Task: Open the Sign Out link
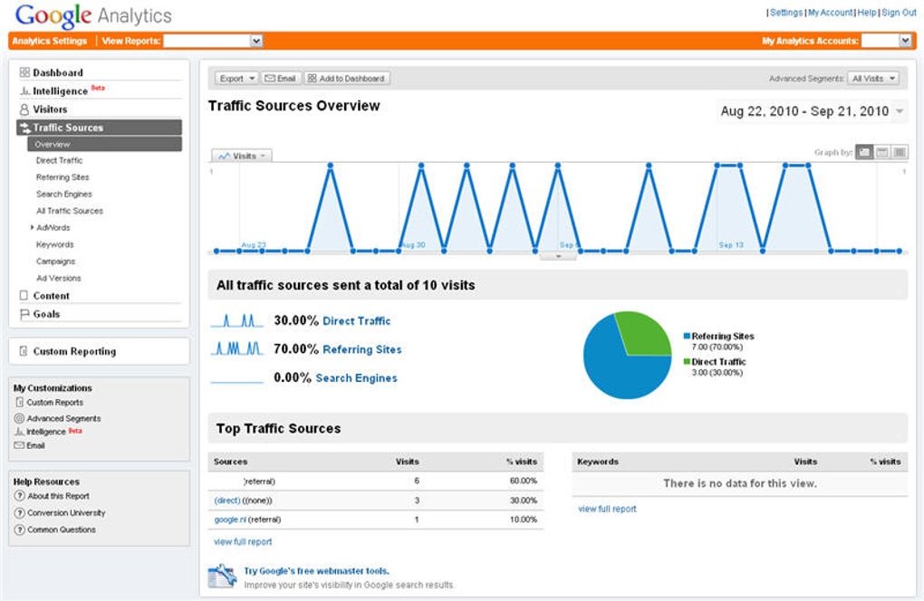coord(899,13)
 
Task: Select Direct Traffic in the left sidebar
coord(59,161)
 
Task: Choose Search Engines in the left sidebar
coord(63,195)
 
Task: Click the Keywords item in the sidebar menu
coord(54,244)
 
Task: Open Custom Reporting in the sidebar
coord(74,351)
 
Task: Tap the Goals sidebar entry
coord(46,314)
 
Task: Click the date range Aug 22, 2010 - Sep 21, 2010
coord(804,111)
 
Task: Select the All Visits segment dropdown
coord(873,79)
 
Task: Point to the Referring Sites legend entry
coord(722,336)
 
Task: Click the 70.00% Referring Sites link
coord(361,349)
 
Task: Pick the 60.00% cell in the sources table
coord(523,482)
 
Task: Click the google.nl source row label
coord(228,520)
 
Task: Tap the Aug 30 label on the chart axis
coord(412,245)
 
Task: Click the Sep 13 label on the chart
coord(730,245)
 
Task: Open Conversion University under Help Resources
coord(66,513)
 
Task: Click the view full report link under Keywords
coord(607,509)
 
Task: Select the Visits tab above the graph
coord(242,156)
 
